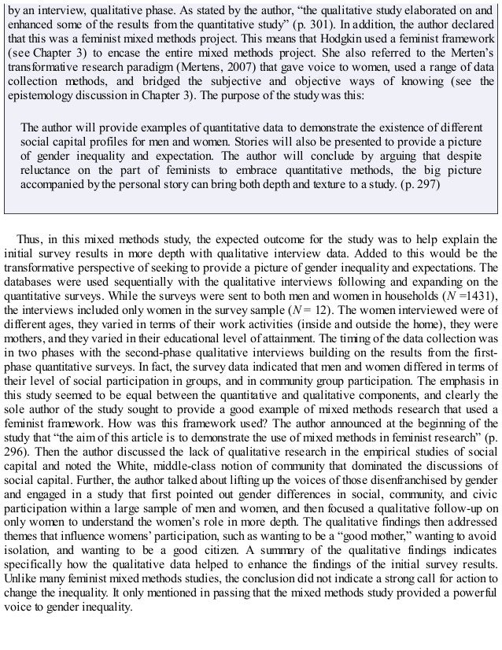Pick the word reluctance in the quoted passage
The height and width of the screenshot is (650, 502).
49,168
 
